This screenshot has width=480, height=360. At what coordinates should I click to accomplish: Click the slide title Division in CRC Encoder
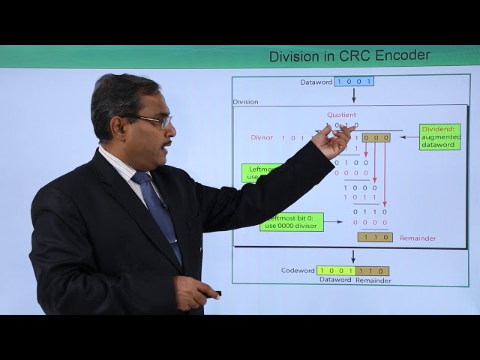click(349, 55)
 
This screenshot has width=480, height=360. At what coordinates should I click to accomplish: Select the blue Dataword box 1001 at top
click(354, 81)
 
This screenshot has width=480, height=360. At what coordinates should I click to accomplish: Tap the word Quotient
click(341, 115)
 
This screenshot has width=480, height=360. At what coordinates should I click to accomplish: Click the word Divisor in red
click(262, 138)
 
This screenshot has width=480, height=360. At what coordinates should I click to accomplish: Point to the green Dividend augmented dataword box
click(439, 136)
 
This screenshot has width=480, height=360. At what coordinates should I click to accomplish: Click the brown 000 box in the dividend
click(376, 138)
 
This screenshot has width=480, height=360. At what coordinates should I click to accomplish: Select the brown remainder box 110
click(374, 237)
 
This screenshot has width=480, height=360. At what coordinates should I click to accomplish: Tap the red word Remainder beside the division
click(418, 238)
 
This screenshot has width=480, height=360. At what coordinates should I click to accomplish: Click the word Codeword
click(298, 271)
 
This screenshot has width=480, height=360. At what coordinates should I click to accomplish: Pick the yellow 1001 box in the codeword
click(335, 271)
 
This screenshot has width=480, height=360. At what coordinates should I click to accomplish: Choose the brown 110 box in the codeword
click(372, 271)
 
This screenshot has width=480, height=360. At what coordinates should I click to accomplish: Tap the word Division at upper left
click(245, 101)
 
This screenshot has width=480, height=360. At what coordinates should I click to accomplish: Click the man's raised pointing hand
click(334, 141)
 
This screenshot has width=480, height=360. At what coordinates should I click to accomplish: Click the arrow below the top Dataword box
click(354, 94)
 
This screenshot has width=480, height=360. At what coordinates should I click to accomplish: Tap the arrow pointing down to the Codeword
click(353, 256)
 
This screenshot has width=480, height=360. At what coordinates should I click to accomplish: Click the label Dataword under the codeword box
click(335, 280)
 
